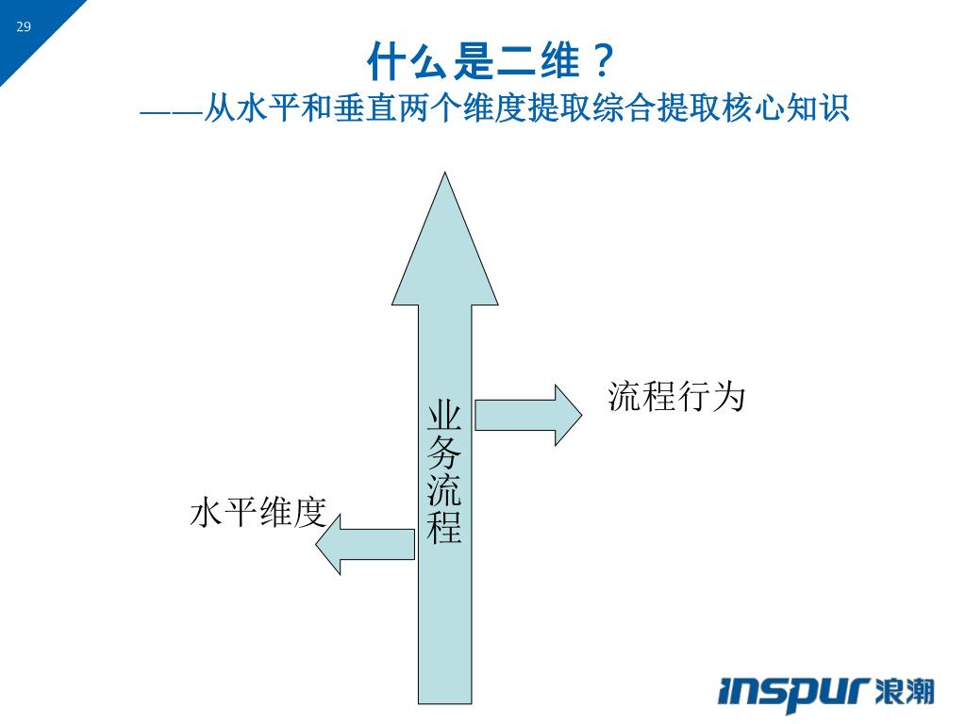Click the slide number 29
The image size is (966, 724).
[24, 26]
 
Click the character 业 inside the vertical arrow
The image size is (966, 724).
[444, 418]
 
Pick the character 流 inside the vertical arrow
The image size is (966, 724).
[444, 489]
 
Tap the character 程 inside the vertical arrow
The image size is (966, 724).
[444, 526]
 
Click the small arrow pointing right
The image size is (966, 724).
[528, 415]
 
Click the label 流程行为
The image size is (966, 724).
[676, 397]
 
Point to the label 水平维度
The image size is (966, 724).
[258, 513]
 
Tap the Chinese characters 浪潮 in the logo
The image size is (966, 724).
[905, 692]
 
